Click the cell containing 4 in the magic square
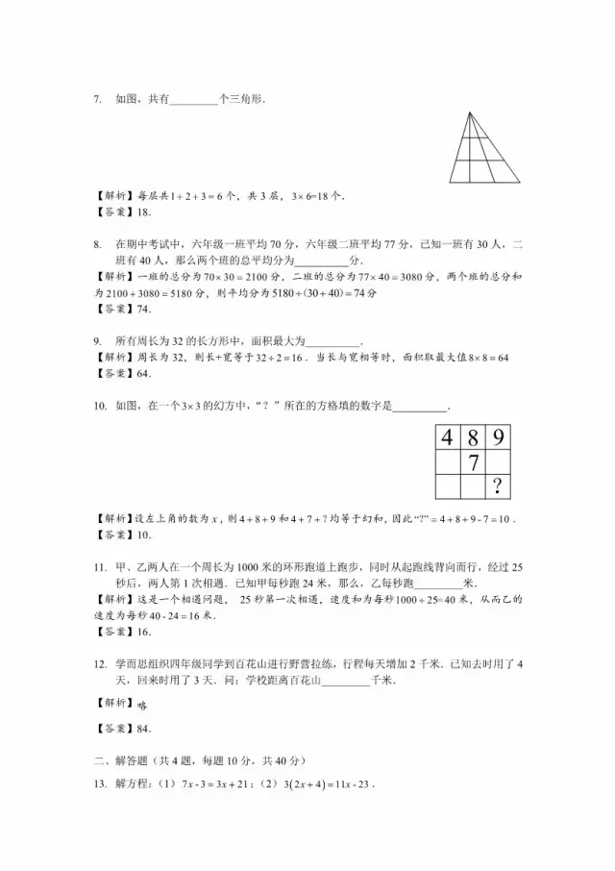click(447, 438)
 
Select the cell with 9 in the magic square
click(497, 438)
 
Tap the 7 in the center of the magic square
click(472, 463)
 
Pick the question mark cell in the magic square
click(497, 487)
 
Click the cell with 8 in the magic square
click(472, 438)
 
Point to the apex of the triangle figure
click(471, 112)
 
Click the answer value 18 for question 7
click(144, 212)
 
